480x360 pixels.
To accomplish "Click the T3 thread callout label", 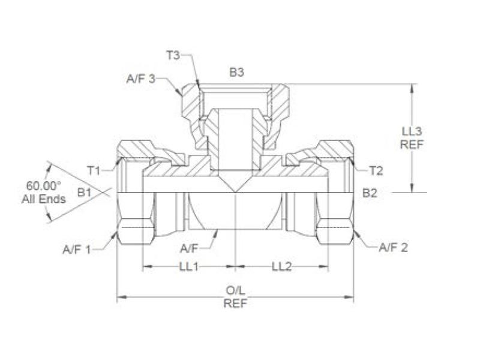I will click(x=173, y=56).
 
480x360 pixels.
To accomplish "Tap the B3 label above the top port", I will click(x=236, y=72).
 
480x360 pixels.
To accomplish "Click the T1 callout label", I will click(x=94, y=170).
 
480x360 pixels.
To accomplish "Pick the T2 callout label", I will click(x=376, y=171).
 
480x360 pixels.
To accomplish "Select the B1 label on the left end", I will click(x=84, y=193).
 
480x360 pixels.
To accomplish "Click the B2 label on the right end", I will click(x=371, y=193).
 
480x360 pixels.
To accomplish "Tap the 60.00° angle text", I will click(x=42, y=186).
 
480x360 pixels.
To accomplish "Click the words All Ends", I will click(x=43, y=199).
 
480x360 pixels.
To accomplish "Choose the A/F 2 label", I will click(x=393, y=247).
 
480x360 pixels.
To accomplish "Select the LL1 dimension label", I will click(x=188, y=267).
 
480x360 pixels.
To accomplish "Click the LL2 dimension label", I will click(x=281, y=267).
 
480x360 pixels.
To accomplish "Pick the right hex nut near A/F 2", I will click(x=335, y=231).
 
